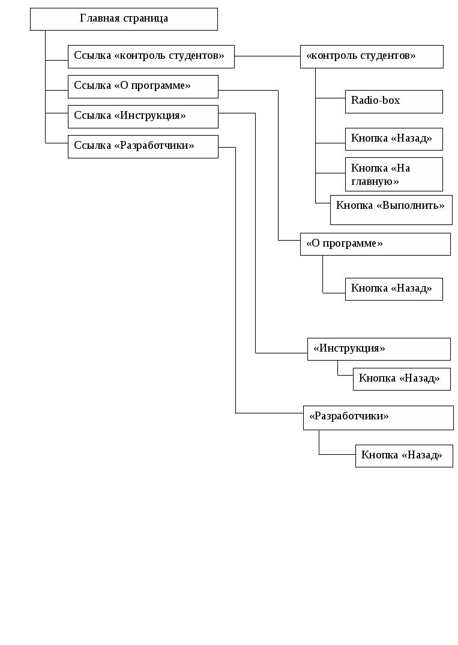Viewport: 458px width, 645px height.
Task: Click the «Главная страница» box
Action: (x=124, y=19)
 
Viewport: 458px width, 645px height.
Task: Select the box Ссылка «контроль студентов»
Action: (x=151, y=56)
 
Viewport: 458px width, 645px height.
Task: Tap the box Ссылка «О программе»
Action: (x=143, y=86)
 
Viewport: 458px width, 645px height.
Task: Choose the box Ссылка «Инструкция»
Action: (x=143, y=116)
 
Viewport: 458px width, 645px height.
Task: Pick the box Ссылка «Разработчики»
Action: (x=143, y=146)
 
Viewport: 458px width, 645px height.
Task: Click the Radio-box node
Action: (x=394, y=101)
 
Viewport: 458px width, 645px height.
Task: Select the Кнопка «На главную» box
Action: (x=394, y=174)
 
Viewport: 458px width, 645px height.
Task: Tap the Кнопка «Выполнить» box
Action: (x=391, y=209)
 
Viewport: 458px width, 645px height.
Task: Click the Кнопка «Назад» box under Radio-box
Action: (x=394, y=139)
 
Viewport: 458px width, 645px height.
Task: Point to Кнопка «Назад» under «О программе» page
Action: (x=394, y=289)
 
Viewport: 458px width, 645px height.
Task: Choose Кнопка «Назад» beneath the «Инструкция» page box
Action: (x=402, y=379)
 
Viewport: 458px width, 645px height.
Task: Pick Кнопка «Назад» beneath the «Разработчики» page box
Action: (x=404, y=455)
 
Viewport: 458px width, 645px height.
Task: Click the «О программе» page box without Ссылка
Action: (x=375, y=244)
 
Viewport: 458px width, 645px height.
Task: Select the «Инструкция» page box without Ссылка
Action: (x=379, y=349)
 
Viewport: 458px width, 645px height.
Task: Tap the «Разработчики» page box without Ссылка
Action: (x=378, y=417)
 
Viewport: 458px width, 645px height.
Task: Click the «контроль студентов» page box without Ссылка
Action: (x=372, y=56)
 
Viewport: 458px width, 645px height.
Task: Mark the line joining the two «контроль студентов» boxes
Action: (x=267, y=56)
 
